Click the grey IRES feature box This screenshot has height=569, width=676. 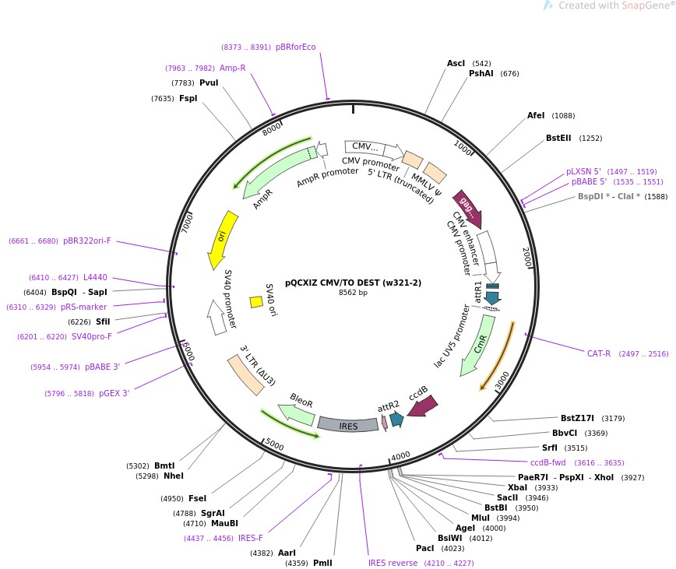tap(347, 424)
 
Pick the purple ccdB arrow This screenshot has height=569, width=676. tap(423, 403)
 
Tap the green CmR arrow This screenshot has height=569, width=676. tap(477, 344)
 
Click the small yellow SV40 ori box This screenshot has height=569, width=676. tap(255, 301)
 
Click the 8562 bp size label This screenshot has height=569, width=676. tap(353, 293)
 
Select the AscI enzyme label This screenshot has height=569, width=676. tap(456, 64)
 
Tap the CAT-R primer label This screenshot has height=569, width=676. tap(599, 353)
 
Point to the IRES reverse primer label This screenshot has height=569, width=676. tap(393, 563)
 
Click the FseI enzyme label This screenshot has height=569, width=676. tap(197, 498)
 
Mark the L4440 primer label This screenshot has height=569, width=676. tap(95, 277)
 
